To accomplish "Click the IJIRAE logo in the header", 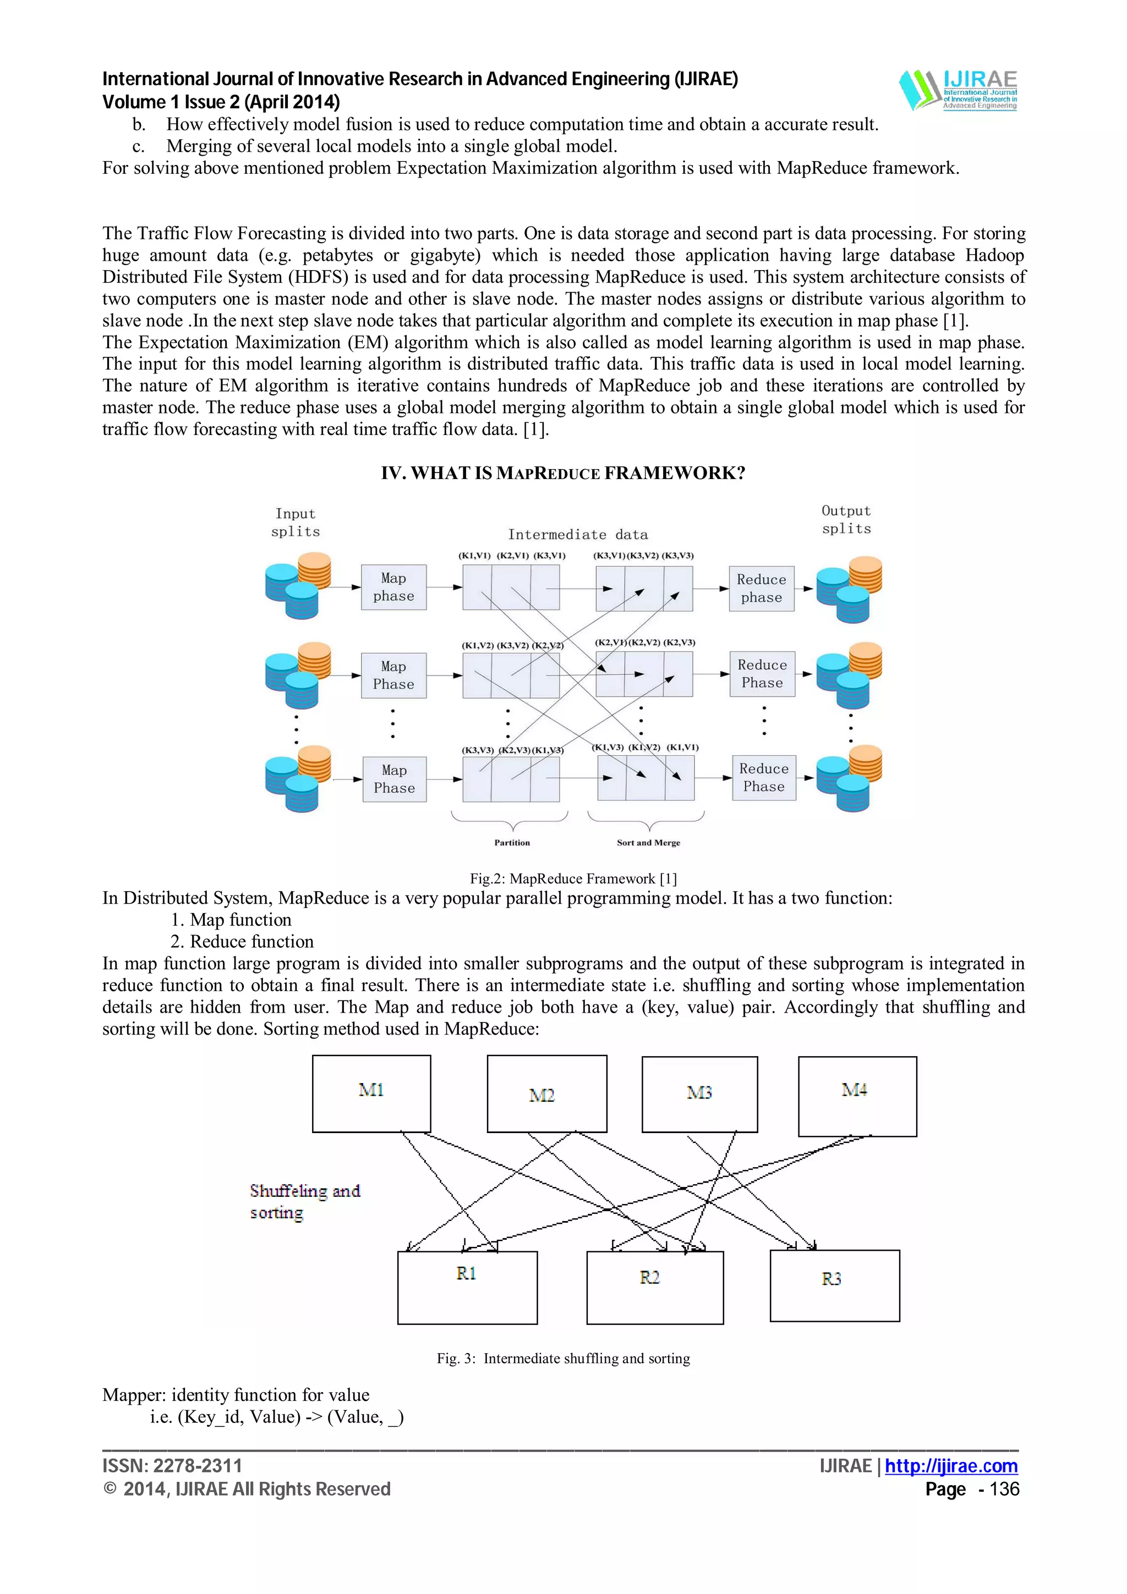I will click(x=958, y=90).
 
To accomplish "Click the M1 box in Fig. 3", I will click(x=371, y=1093).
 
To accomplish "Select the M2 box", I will click(x=546, y=1093).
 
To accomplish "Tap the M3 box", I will click(x=699, y=1094).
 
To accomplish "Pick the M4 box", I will click(x=857, y=1096).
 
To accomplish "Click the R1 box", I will click(x=467, y=1287).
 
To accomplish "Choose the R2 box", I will click(x=654, y=1288).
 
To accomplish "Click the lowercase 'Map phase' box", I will click(x=393, y=587).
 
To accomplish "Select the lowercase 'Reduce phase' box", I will click(x=761, y=589).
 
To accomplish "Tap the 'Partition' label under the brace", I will click(x=512, y=842).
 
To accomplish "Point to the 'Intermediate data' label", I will click(x=578, y=535).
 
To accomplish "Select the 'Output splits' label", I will click(x=846, y=520).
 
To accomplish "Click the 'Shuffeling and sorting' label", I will click(x=304, y=1202).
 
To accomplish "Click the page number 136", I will click(x=1004, y=1489).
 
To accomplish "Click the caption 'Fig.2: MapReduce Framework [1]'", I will click(x=573, y=878).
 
